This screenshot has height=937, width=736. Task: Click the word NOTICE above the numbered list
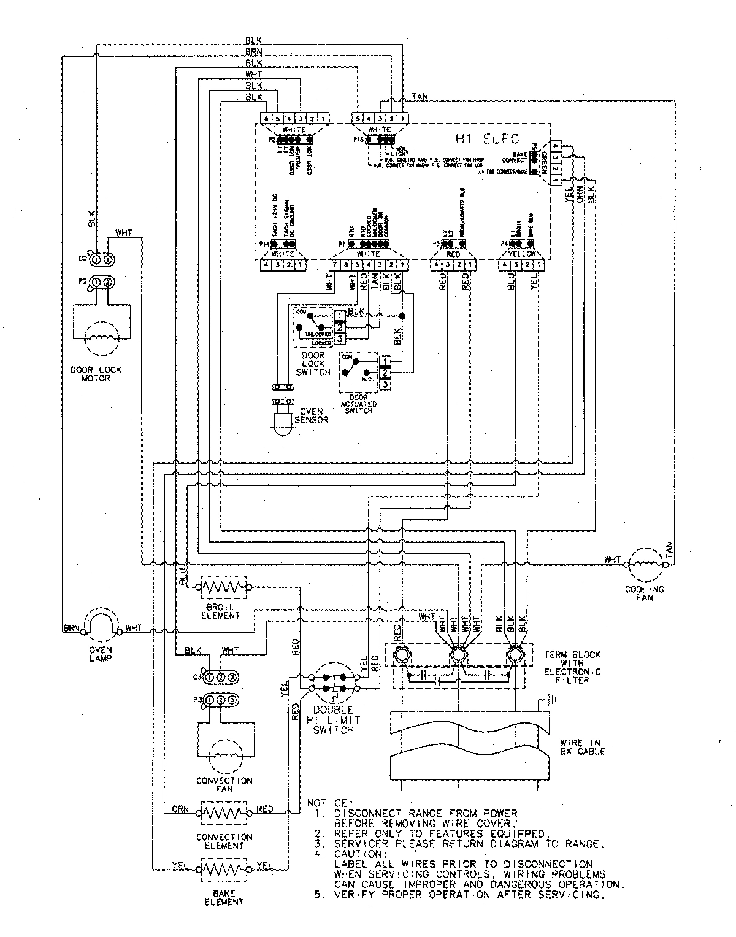click(330, 803)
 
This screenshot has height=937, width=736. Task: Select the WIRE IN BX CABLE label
click(582, 746)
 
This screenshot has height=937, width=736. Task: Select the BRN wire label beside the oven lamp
click(70, 629)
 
